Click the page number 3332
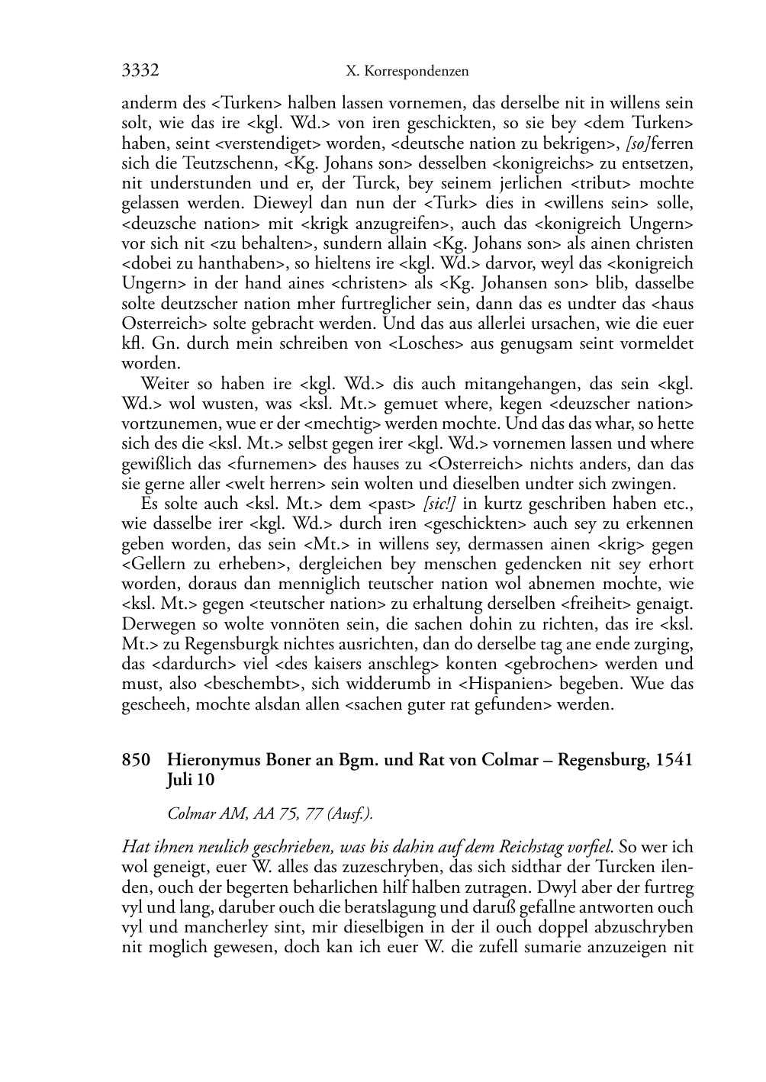[140, 71]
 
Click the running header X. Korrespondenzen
[407, 72]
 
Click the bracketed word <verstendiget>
[265, 143]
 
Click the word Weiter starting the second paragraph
[166, 384]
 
